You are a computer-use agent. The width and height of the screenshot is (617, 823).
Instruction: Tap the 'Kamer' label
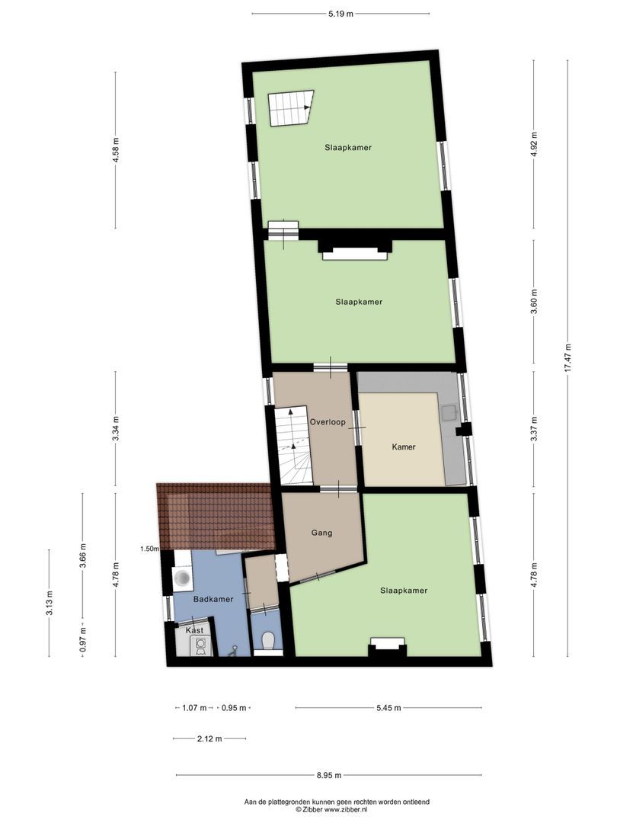(x=404, y=447)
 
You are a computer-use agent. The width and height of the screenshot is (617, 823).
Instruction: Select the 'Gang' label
(x=321, y=533)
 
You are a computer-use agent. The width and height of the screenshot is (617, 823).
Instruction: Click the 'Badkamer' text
(x=213, y=600)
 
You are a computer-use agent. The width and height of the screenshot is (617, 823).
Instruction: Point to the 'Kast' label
(x=193, y=631)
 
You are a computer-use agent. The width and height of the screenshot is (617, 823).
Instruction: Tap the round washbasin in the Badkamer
(x=183, y=578)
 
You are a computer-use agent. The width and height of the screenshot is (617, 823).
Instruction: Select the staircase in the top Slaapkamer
(x=289, y=108)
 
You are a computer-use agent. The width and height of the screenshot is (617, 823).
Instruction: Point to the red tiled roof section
(x=215, y=515)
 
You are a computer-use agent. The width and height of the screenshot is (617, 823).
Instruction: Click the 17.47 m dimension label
(x=567, y=357)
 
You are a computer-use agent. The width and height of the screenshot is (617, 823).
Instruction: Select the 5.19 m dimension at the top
(x=340, y=14)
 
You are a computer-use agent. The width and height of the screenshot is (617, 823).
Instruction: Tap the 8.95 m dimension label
(x=328, y=776)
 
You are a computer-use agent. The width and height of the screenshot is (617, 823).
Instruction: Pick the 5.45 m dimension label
(x=388, y=708)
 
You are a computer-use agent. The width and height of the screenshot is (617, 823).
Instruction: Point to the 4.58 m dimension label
(x=115, y=150)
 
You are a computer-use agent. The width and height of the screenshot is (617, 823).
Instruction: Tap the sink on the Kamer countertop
(x=449, y=414)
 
